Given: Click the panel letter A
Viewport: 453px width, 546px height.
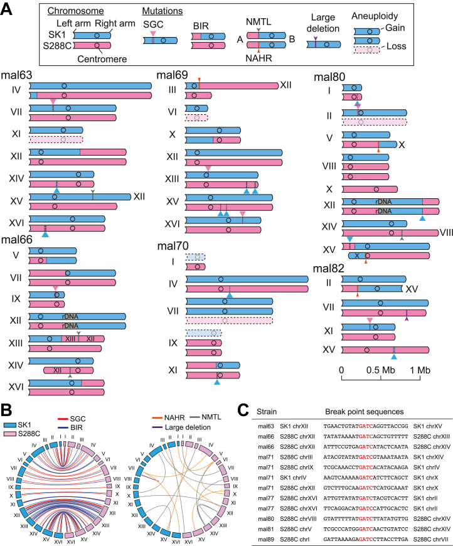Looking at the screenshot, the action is click(x=7, y=9).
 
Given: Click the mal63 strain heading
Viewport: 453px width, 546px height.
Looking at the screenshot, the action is click(x=16, y=75).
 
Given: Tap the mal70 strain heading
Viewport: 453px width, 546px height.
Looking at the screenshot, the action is click(x=173, y=246).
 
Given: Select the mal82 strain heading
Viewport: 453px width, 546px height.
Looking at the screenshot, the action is click(x=328, y=268).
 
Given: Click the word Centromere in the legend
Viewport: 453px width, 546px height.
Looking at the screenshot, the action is click(x=102, y=59).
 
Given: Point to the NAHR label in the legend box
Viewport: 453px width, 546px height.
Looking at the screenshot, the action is click(x=258, y=58).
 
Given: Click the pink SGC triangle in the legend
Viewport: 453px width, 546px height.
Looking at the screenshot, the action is click(x=153, y=33).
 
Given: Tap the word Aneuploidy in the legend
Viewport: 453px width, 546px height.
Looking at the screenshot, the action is click(x=375, y=16).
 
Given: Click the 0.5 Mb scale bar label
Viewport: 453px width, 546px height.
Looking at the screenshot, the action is click(x=381, y=370).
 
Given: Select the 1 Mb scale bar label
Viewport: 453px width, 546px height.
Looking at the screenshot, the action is click(x=420, y=370).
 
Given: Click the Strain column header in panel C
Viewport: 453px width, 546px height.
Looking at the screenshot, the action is click(x=267, y=412).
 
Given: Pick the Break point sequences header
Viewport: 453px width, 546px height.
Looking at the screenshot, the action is click(x=364, y=412).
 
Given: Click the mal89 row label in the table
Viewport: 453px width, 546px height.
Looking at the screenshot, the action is click(x=266, y=539).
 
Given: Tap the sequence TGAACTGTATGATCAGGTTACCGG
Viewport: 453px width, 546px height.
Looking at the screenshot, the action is click(x=366, y=426).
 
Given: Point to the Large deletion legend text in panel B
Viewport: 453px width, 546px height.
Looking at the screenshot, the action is click(x=188, y=427).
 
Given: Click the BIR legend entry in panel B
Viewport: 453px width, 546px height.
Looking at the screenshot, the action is click(x=77, y=427).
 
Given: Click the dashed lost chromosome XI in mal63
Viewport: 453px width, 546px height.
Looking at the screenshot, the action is click(x=56, y=139).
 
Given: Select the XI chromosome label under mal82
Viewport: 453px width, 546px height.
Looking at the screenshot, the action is click(x=328, y=331).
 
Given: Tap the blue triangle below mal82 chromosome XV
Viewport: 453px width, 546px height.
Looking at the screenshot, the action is click(x=394, y=356).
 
